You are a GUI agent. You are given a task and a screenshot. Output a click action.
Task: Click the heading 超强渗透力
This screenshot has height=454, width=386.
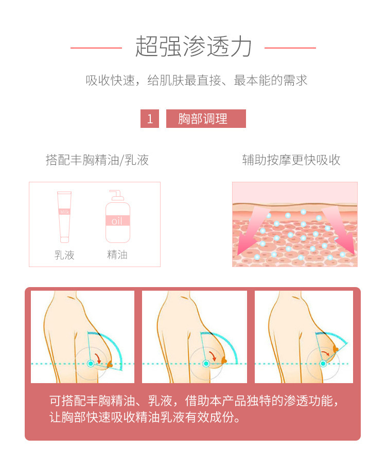pyautogui.click(x=193, y=46)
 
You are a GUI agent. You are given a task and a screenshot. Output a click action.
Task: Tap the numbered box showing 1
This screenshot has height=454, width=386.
pyautogui.click(x=150, y=119)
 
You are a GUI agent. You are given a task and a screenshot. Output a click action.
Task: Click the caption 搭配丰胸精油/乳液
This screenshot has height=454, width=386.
pyautogui.click(x=97, y=160)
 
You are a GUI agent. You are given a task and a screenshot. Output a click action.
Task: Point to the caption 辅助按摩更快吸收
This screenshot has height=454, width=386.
pyautogui.click(x=291, y=160)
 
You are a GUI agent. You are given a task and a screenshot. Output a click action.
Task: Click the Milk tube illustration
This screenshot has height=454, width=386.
pyautogui.click(x=64, y=217)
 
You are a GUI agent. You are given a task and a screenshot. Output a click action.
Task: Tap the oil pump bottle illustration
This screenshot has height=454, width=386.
pyautogui.click(x=117, y=217)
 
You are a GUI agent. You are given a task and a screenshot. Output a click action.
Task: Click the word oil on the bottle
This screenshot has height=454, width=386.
pyautogui.click(x=117, y=221)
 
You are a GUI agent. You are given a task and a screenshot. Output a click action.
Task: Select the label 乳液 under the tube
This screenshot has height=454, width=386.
pyautogui.click(x=64, y=255)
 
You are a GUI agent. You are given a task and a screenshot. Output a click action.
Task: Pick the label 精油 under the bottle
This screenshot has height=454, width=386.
pyautogui.click(x=117, y=255)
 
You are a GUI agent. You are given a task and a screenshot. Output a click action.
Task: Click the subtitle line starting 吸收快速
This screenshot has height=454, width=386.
pyautogui.click(x=197, y=80)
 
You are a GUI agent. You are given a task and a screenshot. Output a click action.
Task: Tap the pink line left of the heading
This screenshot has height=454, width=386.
pyautogui.click(x=96, y=48)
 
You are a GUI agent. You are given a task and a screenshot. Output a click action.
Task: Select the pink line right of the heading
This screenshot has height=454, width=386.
pyautogui.click(x=290, y=48)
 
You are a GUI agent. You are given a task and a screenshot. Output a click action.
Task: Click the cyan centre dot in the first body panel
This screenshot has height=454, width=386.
pyautogui.click(x=91, y=364)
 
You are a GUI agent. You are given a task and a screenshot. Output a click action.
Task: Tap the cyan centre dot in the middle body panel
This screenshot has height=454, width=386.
pyautogui.click(x=206, y=364)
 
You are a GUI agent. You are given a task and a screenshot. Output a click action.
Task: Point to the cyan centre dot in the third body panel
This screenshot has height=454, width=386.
pyautogui.click(x=323, y=364)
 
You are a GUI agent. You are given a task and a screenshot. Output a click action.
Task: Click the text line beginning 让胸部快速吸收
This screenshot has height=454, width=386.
pyautogui.click(x=145, y=417)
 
